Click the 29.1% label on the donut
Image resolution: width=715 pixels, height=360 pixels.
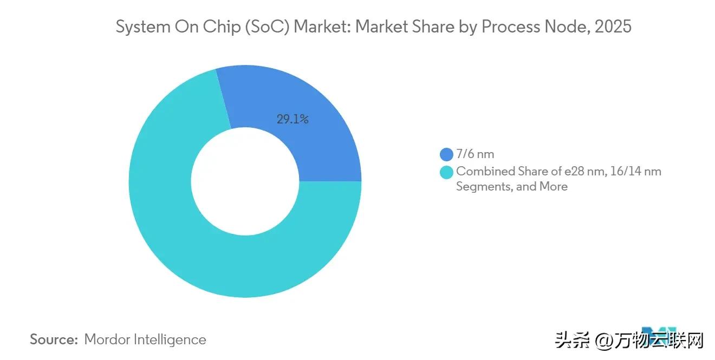(x=292, y=120)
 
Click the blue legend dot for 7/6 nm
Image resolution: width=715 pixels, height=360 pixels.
(x=446, y=155)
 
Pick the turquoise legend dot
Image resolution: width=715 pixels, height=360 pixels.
(x=446, y=172)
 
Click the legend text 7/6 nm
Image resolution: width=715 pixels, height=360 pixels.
(x=475, y=155)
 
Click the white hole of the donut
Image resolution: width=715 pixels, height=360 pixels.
(x=245, y=181)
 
